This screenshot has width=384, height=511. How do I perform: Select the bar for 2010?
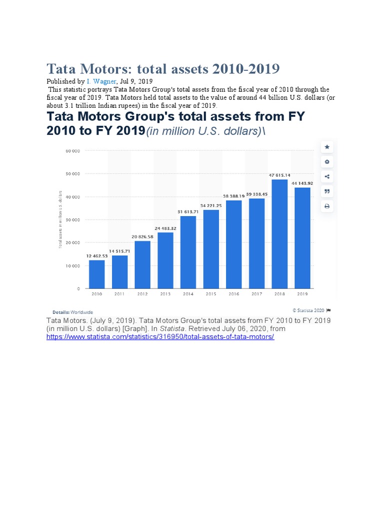[96, 274]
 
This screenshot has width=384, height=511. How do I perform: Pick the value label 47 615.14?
[279, 175]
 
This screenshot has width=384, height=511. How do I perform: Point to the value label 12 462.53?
[96, 256]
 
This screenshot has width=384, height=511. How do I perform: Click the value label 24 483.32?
[165, 229]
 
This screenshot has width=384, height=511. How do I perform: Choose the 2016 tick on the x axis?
[233, 294]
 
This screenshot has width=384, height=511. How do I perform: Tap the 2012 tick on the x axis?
[142, 294]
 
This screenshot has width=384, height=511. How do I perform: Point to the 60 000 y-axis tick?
[73, 150]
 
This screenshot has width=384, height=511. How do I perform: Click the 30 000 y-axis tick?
[73, 220]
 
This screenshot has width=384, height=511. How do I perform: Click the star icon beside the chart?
[327, 147]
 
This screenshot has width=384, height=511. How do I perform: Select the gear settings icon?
[327, 162]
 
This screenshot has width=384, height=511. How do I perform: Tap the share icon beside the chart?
[327, 176]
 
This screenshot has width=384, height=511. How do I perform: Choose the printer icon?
[327, 206]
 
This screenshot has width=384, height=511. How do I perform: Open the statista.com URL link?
[160, 337]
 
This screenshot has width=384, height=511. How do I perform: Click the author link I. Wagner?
[104, 81]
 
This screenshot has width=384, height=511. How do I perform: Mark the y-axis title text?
[60, 220]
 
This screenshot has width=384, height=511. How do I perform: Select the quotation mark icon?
[327, 191]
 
